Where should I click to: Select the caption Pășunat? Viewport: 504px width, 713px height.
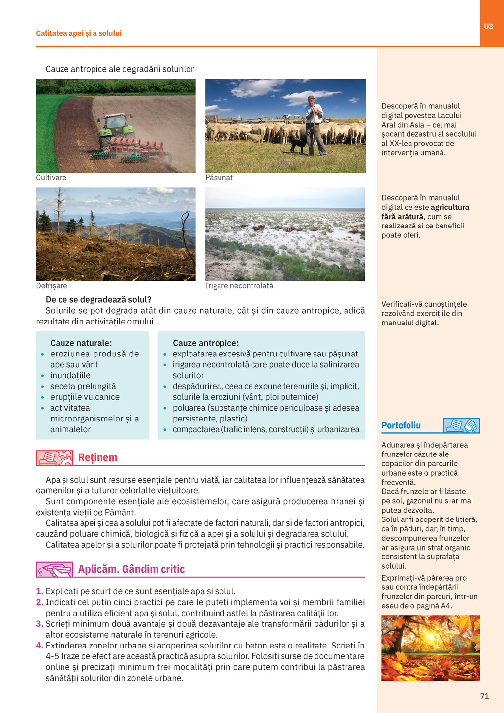(x=219, y=178)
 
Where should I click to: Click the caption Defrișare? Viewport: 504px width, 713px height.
(x=52, y=286)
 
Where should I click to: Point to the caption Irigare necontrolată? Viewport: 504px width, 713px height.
(x=239, y=286)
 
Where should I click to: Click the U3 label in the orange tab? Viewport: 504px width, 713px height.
(x=488, y=27)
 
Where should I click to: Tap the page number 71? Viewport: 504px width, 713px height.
(x=484, y=696)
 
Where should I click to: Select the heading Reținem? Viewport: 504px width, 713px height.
(x=98, y=457)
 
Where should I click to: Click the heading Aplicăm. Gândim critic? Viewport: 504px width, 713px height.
(x=131, y=569)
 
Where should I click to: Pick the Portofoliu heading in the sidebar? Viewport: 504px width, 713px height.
(x=401, y=425)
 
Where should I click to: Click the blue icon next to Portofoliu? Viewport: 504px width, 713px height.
(x=461, y=425)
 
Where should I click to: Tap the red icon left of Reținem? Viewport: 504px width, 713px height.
(x=54, y=457)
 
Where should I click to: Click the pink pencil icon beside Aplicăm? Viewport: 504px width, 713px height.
(x=54, y=569)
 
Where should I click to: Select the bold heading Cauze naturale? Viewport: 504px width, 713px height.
(x=81, y=343)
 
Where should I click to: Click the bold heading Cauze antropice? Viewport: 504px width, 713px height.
(x=205, y=343)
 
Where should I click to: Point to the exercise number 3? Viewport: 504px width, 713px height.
(x=39, y=624)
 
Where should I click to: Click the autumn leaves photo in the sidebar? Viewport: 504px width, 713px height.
(x=431, y=648)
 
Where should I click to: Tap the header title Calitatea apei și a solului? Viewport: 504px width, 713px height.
(x=79, y=33)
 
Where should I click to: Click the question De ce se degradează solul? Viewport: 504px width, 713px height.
(x=98, y=300)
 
